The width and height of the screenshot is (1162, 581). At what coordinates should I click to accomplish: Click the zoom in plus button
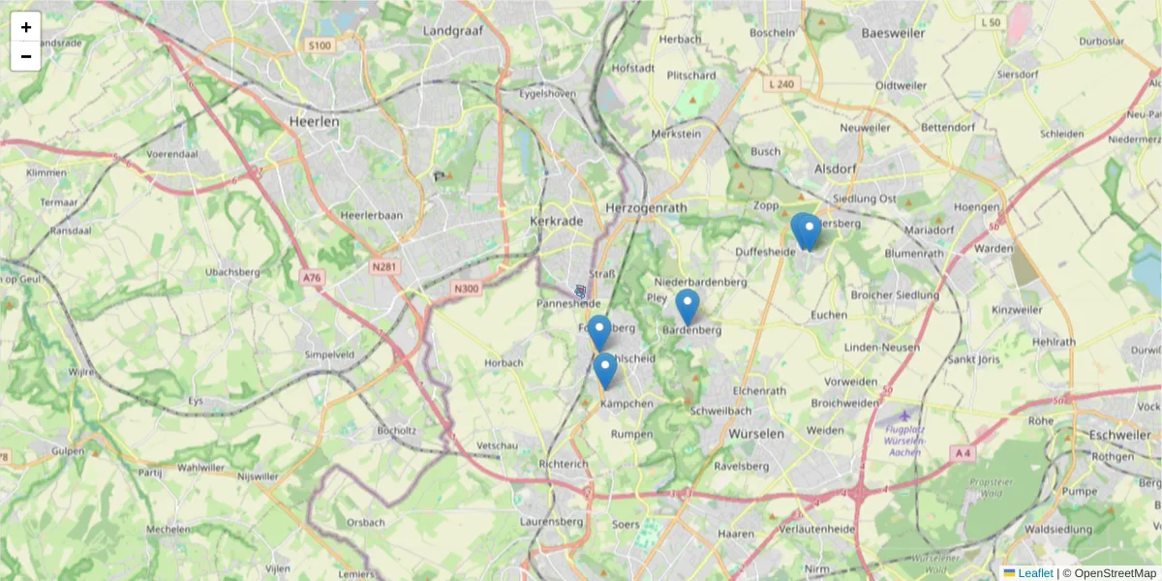[x=26, y=27]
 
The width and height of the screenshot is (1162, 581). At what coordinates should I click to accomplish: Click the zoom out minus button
[x=26, y=56]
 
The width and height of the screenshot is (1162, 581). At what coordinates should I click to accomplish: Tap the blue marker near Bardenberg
[x=688, y=306]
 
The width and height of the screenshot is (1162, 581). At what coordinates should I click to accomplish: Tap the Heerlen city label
[x=314, y=122]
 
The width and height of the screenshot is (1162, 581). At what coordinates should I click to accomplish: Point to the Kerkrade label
[x=557, y=221]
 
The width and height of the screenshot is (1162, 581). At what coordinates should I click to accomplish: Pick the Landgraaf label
[x=453, y=31]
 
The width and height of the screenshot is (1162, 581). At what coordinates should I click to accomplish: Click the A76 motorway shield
[x=311, y=278]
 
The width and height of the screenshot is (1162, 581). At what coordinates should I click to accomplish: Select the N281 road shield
[x=384, y=264]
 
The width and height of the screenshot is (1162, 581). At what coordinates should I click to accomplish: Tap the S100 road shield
[x=319, y=46]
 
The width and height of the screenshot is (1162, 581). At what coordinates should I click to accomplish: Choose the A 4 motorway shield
[x=961, y=452]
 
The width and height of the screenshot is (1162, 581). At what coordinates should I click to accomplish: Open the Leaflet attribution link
[x=1035, y=573]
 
